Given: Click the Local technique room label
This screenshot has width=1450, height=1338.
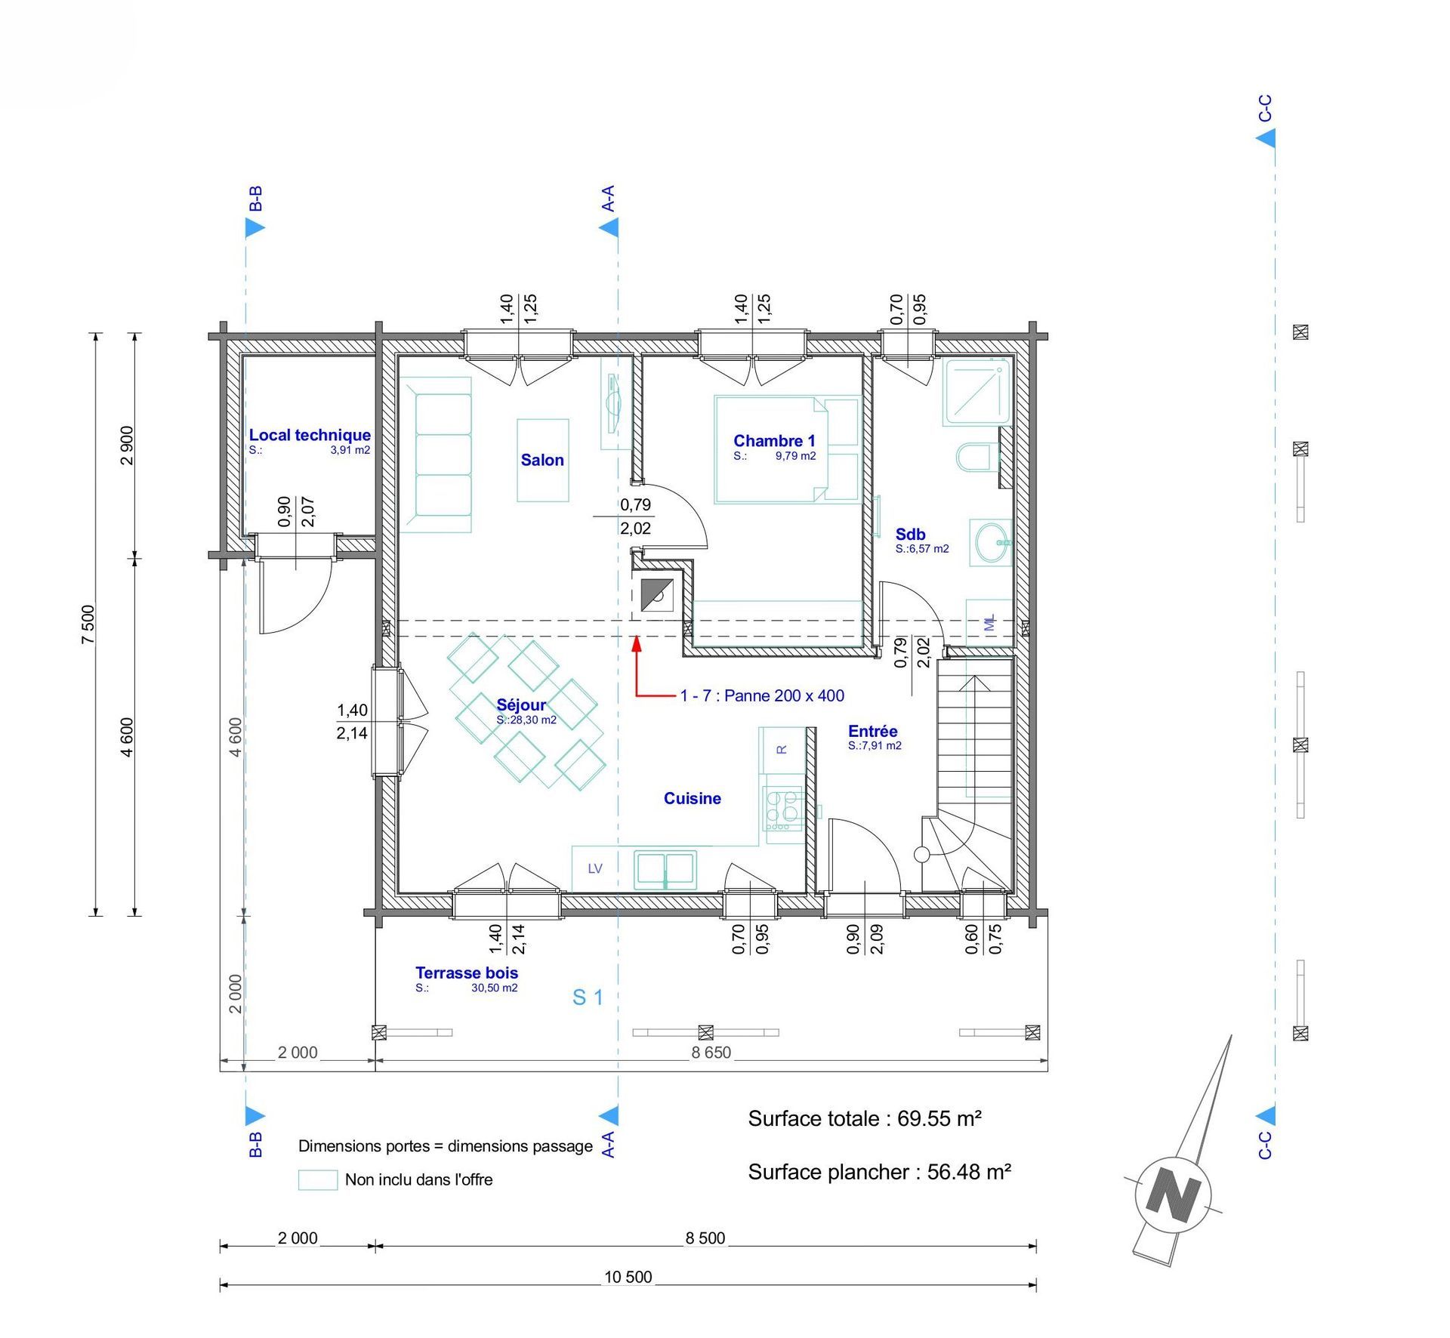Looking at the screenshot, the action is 310,435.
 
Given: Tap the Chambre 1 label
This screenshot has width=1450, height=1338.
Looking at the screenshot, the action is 774,441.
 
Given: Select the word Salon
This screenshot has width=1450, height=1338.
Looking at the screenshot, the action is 542,460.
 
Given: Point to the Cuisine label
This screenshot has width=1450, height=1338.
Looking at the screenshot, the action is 693,798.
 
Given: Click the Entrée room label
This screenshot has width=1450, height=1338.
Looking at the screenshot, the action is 873,731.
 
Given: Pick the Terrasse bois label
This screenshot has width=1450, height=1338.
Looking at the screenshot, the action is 467,973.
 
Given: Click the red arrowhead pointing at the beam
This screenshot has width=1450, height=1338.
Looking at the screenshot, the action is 637,643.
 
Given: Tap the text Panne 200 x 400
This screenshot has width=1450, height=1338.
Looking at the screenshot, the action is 784,695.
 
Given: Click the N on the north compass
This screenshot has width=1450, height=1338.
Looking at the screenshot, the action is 1173,1194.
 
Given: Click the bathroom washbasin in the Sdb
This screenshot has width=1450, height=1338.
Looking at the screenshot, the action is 992,542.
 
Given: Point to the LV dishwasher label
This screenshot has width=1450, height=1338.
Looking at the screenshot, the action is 595,868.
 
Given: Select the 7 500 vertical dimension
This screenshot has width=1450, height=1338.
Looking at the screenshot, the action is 88,624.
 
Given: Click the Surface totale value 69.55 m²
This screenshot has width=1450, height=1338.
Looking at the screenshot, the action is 939,1118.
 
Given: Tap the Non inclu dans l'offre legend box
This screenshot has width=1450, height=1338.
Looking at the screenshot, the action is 318,1180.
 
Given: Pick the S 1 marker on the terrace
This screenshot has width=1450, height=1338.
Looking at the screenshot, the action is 588,997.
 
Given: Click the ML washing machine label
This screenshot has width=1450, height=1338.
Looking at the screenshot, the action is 989,623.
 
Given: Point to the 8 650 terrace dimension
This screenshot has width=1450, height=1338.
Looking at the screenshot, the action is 711,1053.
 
